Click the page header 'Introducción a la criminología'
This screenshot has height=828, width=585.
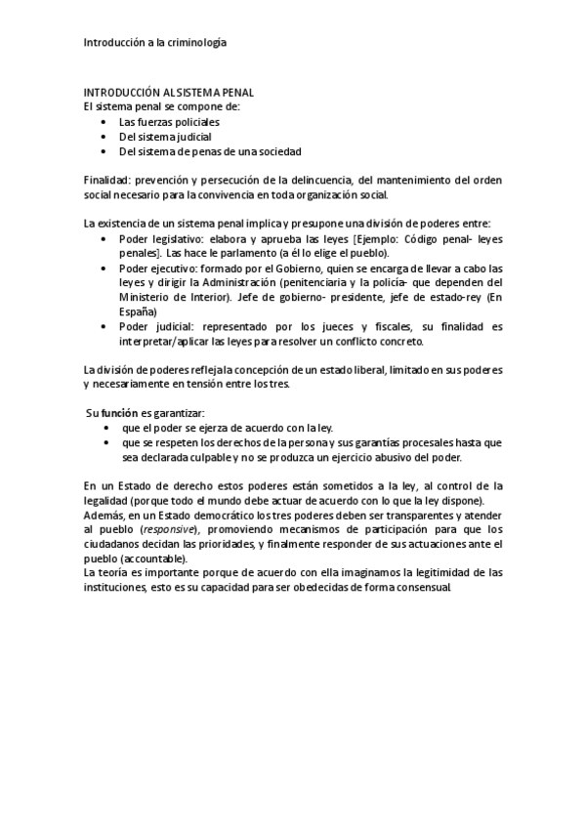tap(155, 43)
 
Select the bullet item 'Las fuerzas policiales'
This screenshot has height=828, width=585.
tap(169, 122)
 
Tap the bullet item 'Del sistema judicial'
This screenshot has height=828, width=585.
tap(165, 137)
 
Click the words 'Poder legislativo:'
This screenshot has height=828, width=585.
tap(154, 238)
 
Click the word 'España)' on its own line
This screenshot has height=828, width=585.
tap(136, 310)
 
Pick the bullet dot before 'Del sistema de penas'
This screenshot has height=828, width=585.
tap(105, 152)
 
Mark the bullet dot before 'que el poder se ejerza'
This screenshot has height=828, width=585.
tap(105, 428)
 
